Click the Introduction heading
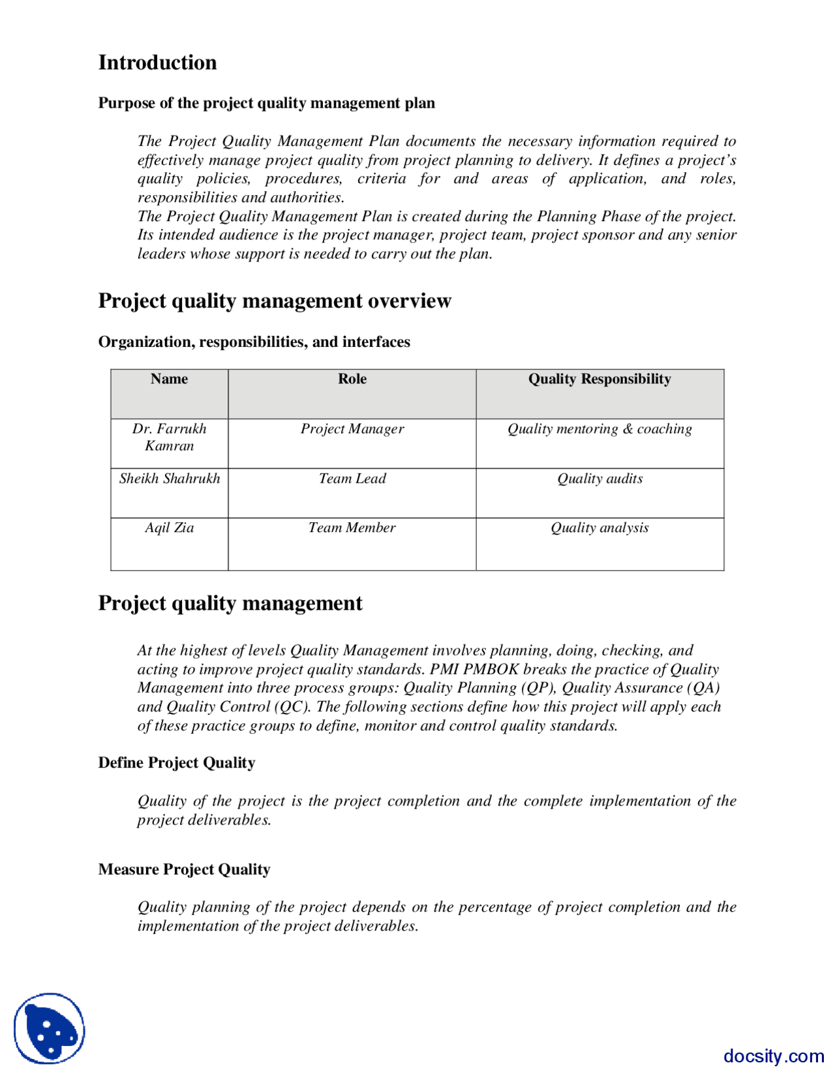point(157,63)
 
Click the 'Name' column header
point(169,379)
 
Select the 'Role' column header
point(352,379)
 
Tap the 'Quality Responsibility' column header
point(599,379)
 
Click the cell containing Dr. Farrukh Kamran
point(169,437)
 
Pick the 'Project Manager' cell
point(352,429)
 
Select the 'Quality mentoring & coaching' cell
point(599,429)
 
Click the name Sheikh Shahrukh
point(169,479)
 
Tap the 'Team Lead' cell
point(352,479)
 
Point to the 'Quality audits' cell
point(599,479)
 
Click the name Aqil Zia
point(169,528)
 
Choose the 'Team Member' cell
point(352,528)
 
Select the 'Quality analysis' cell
point(599,528)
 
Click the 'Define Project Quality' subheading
point(176,763)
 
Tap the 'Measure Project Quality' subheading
point(184,869)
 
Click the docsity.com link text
point(773,1056)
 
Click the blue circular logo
point(50,1028)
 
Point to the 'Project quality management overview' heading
point(274,301)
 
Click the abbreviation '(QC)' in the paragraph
point(292,707)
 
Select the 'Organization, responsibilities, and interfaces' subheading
point(254,342)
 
